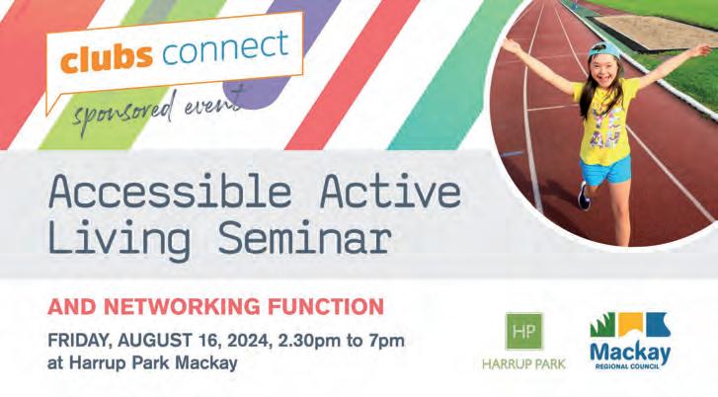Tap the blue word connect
(226, 47)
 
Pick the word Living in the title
(120, 239)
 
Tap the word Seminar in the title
(304, 238)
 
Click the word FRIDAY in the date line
(81, 341)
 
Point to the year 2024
(246, 341)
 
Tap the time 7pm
(387, 342)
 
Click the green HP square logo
(524, 332)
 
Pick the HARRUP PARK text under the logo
(523, 364)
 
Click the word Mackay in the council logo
(630, 353)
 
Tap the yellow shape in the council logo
(631, 324)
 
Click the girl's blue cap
(604, 50)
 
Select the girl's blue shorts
(605, 170)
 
